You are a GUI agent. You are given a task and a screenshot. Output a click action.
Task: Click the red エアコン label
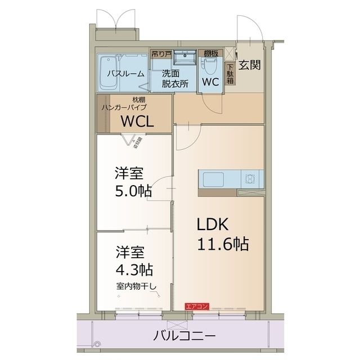[x=197, y=306]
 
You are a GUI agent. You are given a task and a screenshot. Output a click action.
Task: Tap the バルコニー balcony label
[x=184, y=337]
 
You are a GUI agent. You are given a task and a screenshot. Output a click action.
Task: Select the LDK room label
[x=212, y=224]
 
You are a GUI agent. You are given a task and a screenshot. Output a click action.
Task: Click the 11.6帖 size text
[x=222, y=245]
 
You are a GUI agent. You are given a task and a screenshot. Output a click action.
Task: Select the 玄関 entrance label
[x=249, y=64]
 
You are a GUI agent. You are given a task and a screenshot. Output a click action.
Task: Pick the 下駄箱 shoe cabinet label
[x=230, y=74]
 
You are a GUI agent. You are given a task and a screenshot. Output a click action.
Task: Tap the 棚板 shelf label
[x=211, y=53]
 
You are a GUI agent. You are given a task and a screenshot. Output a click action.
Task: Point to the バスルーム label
[x=126, y=74]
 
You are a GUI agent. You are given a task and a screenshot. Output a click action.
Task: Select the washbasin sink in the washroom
[x=183, y=57]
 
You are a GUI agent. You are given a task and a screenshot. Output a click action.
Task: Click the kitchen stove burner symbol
[x=250, y=179]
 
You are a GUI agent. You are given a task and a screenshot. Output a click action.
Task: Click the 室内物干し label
[x=137, y=286]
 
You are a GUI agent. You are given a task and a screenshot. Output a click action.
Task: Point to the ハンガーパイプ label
[x=124, y=106]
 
